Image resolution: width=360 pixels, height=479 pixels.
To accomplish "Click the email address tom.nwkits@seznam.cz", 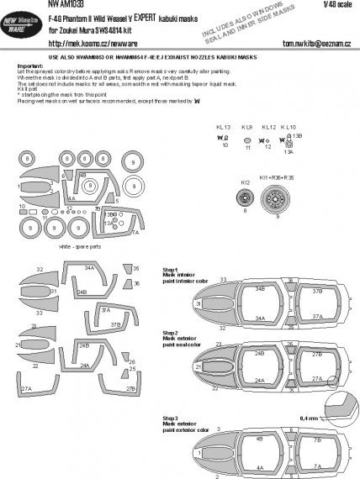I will [300, 45].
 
